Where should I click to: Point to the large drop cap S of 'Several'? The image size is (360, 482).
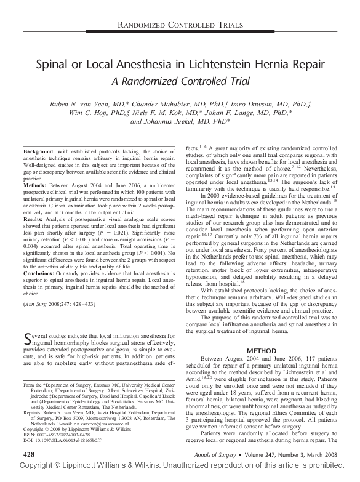click(x=26, y=337)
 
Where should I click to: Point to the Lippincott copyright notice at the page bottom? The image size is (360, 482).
click(x=180, y=478)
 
